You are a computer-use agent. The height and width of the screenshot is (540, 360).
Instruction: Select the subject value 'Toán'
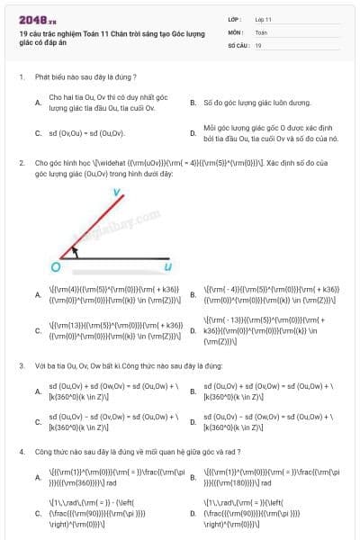[x=261, y=31]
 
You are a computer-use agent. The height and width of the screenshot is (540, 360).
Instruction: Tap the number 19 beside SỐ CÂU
[x=258, y=44]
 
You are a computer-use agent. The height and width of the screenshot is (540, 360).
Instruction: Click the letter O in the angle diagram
[x=55, y=266]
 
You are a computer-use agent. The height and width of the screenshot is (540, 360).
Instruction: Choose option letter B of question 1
[x=193, y=103]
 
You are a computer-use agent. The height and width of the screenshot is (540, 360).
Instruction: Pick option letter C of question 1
[x=38, y=133]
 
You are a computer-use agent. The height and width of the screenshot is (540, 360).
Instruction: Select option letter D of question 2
[x=193, y=330]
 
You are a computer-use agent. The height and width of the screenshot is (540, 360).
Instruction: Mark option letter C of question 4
[x=38, y=512]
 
